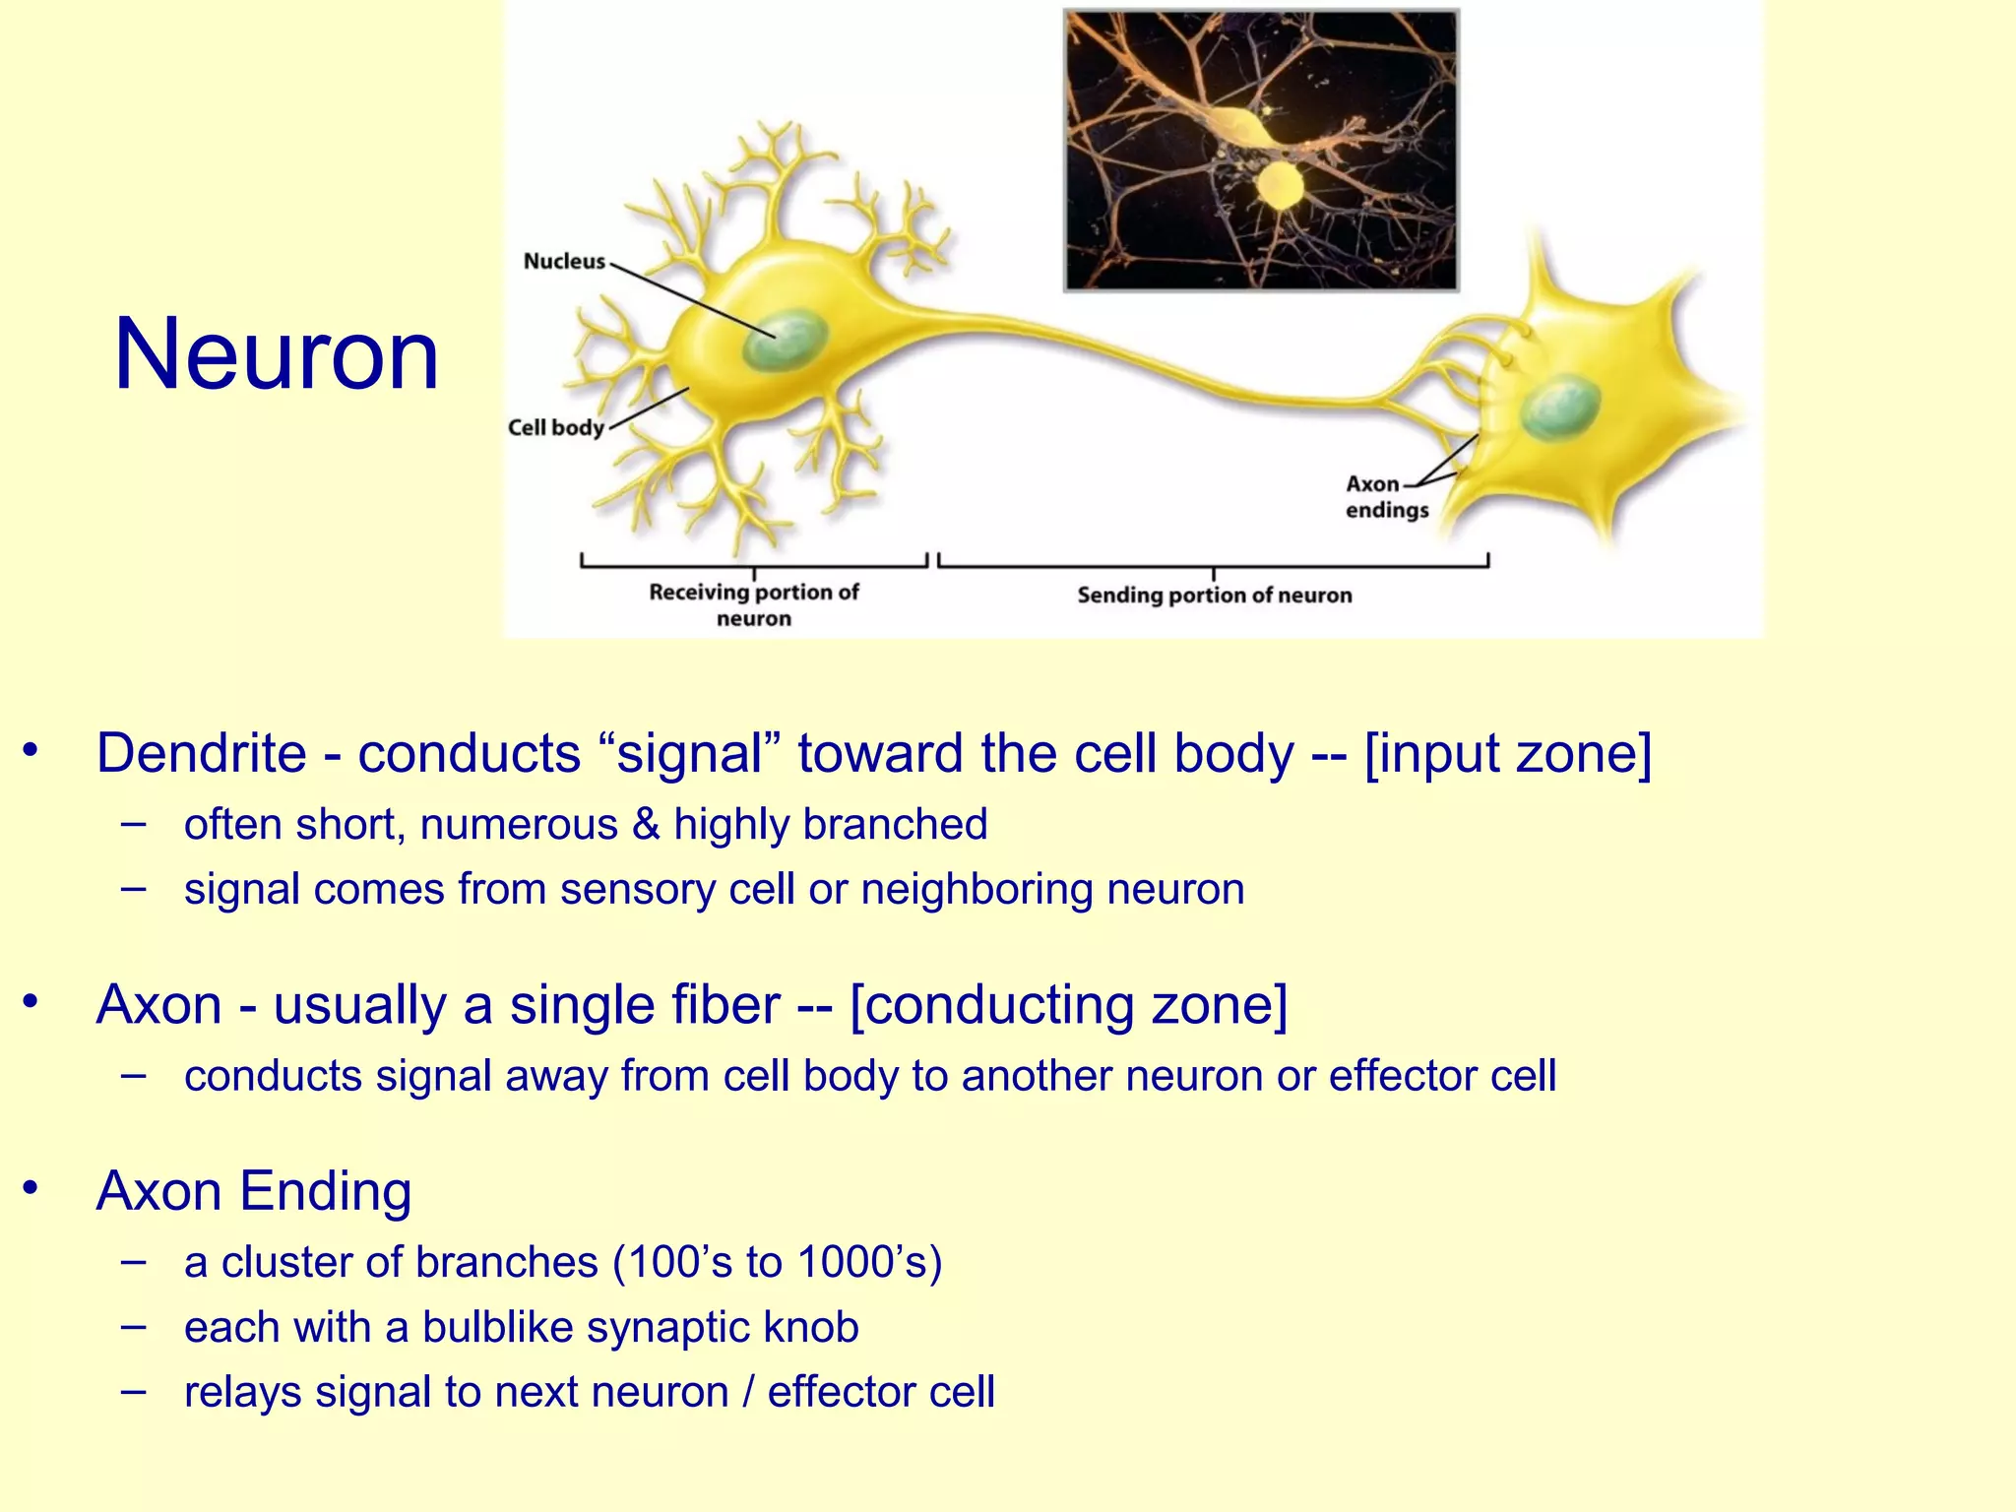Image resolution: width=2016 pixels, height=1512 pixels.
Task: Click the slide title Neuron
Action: [277, 355]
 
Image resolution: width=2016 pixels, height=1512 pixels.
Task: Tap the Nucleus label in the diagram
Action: [564, 261]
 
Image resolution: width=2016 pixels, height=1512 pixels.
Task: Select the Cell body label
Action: [556, 427]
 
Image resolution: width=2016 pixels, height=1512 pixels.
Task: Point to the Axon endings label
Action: [1386, 497]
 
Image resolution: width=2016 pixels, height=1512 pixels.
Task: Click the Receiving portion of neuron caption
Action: [754, 604]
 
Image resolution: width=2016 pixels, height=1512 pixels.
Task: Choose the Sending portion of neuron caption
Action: [1214, 595]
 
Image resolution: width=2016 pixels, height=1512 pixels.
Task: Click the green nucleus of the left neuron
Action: [785, 340]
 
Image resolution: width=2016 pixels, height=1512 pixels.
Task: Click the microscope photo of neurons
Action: [1261, 151]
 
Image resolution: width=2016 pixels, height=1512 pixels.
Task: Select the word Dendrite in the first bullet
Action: [202, 754]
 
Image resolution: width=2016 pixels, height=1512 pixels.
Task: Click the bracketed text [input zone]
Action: [1508, 754]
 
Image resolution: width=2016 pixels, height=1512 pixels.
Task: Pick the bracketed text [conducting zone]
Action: [1068, 1005]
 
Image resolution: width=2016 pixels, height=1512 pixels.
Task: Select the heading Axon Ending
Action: [254, 1191]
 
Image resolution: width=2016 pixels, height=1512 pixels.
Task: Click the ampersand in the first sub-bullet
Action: [646, 825]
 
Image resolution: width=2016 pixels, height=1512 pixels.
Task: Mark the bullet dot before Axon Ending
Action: [31, 1187]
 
